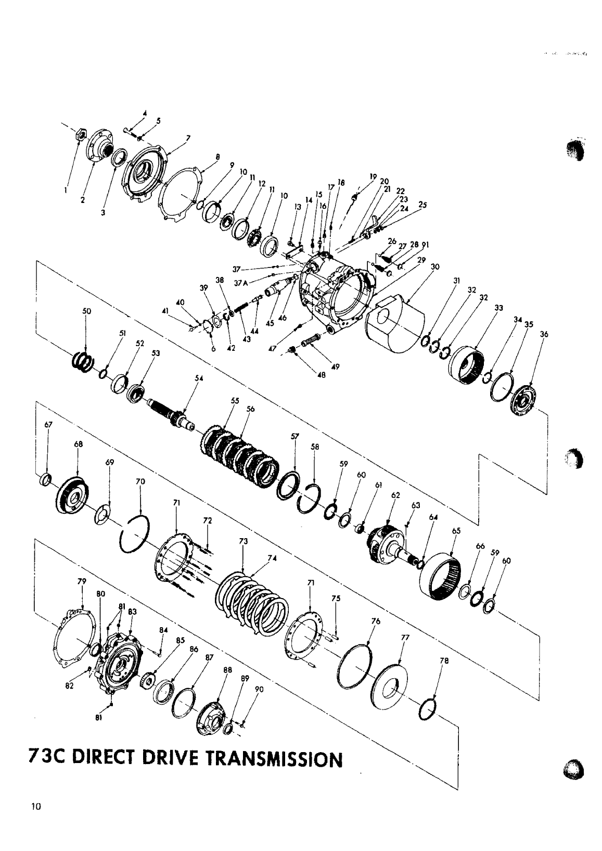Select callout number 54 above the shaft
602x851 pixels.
[x=198, y=378]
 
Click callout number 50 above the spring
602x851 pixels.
[x=87, y=311]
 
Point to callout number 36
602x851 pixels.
[x=545, y=335]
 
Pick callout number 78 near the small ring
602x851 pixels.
[x=444, y=662]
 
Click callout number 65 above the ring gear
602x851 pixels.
[x=456, y=531]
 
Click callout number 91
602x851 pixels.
[x=425, y=245]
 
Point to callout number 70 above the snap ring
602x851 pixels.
[x=140, y=481]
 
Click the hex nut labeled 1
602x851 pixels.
[x=80, y=134]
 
